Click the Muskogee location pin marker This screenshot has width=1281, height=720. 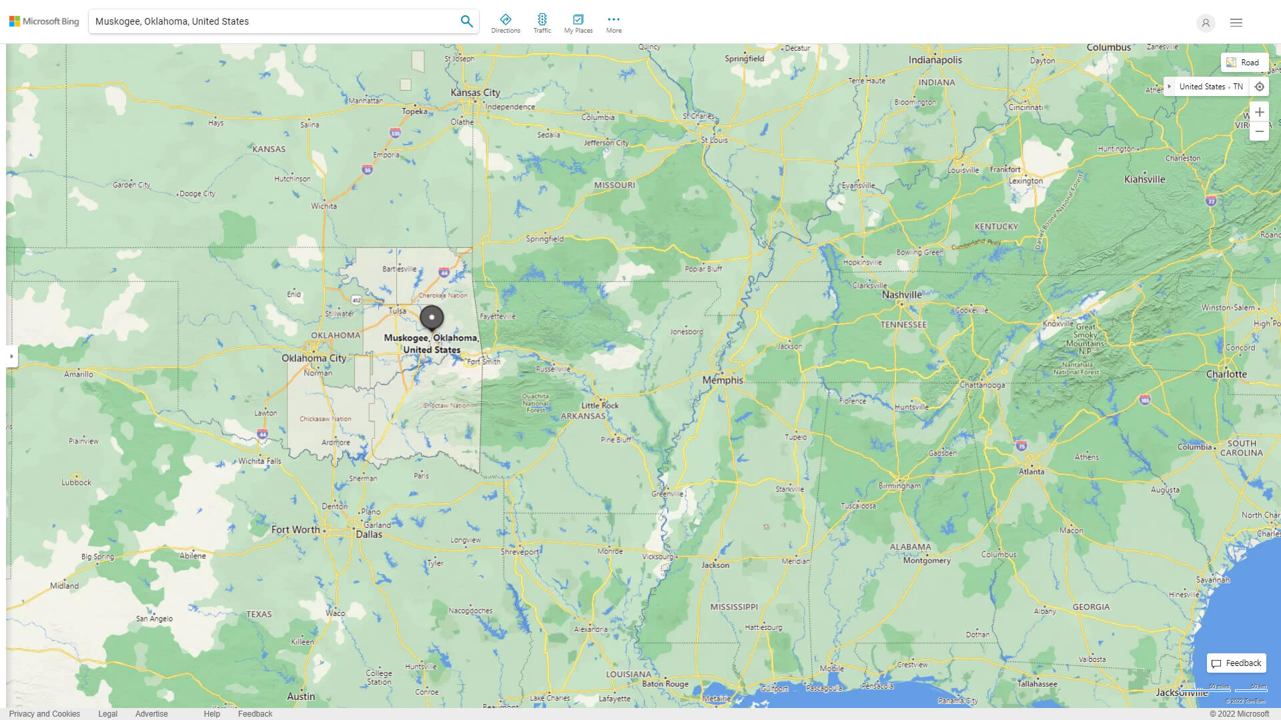[x=432, y=318]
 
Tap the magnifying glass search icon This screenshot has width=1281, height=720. [x=466, y=21]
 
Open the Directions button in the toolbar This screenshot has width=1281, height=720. [x=505, y=23]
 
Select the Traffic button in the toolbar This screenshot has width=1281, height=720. [x=542, y=23]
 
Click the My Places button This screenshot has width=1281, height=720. [x=578, y=23]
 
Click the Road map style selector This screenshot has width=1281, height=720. [x=1244, y=62]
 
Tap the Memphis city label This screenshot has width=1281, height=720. [x=722, y=380]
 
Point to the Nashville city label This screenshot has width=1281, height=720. [x=901, y=295]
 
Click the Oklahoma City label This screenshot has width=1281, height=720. [x=314, y=358]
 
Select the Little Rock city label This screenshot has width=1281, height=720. [x=600, y=405]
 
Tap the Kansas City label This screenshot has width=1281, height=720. [x=475, y=93]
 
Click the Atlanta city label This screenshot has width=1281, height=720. [x=1031, y=471]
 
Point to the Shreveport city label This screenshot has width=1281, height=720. [x=520, y=552]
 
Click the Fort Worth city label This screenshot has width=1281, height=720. [x=296, y=529]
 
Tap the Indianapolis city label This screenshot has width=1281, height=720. [x=935, y=60]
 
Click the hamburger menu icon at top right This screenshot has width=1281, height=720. [x=1236, y=23]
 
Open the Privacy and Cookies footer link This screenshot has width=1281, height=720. [x=45, y=713]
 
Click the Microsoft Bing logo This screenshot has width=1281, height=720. [x=44, y=21]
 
